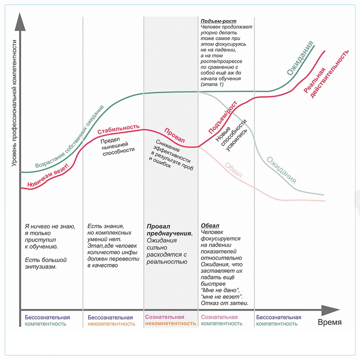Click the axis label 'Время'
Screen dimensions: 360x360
[x=329, y=322]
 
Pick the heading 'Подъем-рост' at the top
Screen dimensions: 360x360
[x=216, y=21]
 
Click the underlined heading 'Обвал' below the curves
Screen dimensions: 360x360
[x=210, y=226]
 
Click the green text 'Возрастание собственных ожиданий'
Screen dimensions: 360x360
[x=70, y=137]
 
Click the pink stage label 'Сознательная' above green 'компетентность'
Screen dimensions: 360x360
[x=219, y=317]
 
